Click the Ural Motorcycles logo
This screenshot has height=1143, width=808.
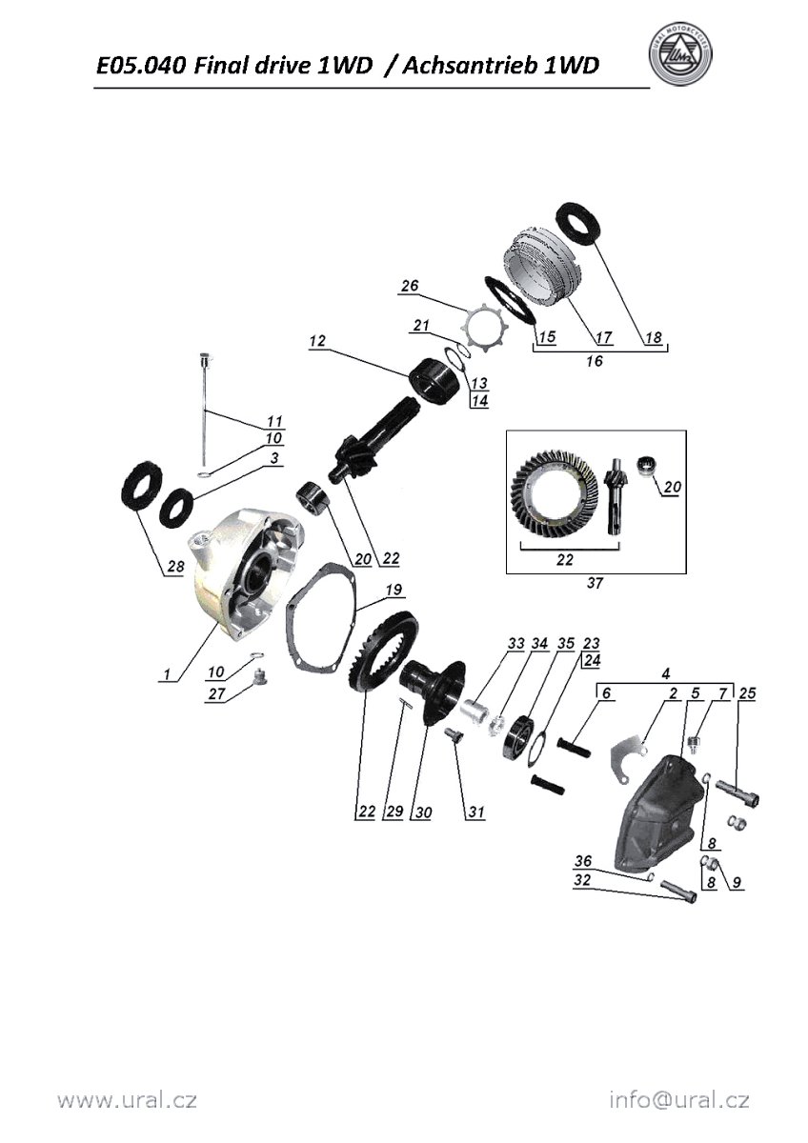tap(680, 55)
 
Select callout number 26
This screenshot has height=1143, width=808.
tap(410, 286)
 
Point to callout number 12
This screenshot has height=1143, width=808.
tap(317, 340)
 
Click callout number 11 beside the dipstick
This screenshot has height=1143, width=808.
tap(274, 421)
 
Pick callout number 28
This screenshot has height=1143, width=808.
tap(175, 567)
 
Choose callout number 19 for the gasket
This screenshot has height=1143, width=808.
tap(394, 590)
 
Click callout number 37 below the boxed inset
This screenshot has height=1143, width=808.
tap(595, 583)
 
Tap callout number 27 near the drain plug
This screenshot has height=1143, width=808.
tap(217, 694)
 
